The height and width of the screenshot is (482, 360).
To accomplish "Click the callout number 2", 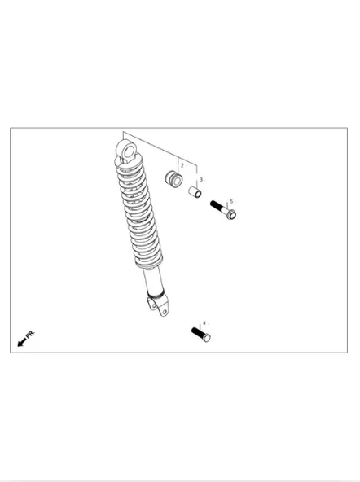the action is click(x=182, y=165).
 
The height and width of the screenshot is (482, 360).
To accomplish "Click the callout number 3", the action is click(x=201, y=179).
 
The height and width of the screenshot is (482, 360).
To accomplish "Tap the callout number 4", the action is click(x=204, y=323).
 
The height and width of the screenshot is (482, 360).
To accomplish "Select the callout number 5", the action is click(x=231, y=201).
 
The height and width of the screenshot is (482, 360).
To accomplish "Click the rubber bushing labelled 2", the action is click(x=173, y=179).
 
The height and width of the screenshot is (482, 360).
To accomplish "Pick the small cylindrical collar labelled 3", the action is click(x=195, y=192).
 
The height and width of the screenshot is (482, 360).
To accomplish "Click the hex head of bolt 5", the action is click(x=231, y=214).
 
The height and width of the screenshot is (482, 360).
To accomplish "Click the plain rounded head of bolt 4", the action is click(x=207, y=338).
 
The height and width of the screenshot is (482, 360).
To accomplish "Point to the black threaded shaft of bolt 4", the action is click(x=197, y=332).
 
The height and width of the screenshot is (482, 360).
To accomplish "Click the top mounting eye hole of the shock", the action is click(x=130, y=151).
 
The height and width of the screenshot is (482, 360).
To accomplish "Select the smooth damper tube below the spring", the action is click(x=153, y=280).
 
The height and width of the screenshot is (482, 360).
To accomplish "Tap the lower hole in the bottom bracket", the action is click(x=165, y=312).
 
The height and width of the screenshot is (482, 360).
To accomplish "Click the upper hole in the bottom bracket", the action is click(x=152, y=305).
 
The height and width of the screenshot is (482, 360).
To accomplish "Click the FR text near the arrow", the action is click(x=30, y=335).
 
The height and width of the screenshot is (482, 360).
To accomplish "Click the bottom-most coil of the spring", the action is click(x=149, y=264).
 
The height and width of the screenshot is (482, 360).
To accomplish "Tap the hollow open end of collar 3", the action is click(x=198, y=194).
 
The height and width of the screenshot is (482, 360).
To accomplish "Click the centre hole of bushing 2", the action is click(x=177, y=182).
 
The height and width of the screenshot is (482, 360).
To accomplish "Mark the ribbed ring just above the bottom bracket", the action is click(x=156, y=296).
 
